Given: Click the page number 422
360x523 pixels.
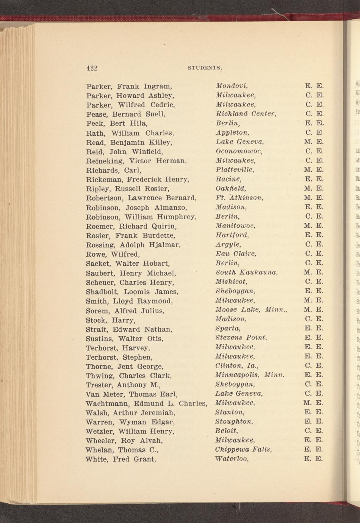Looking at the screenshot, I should click(x=92, y=68).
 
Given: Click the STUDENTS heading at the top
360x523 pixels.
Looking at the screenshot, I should click(x=205, y=68).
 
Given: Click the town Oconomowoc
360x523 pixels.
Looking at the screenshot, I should click(x=239, y=151).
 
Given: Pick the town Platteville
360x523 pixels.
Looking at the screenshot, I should click(x=235, y=170).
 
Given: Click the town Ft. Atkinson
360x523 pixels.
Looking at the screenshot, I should click(x=239, y=198).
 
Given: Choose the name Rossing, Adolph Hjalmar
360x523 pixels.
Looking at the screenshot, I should click(x=133, y=245).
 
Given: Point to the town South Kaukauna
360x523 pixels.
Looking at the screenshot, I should click(x=247, y=272).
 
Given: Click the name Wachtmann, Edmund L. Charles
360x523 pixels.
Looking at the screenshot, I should click(x=146, y=403).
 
